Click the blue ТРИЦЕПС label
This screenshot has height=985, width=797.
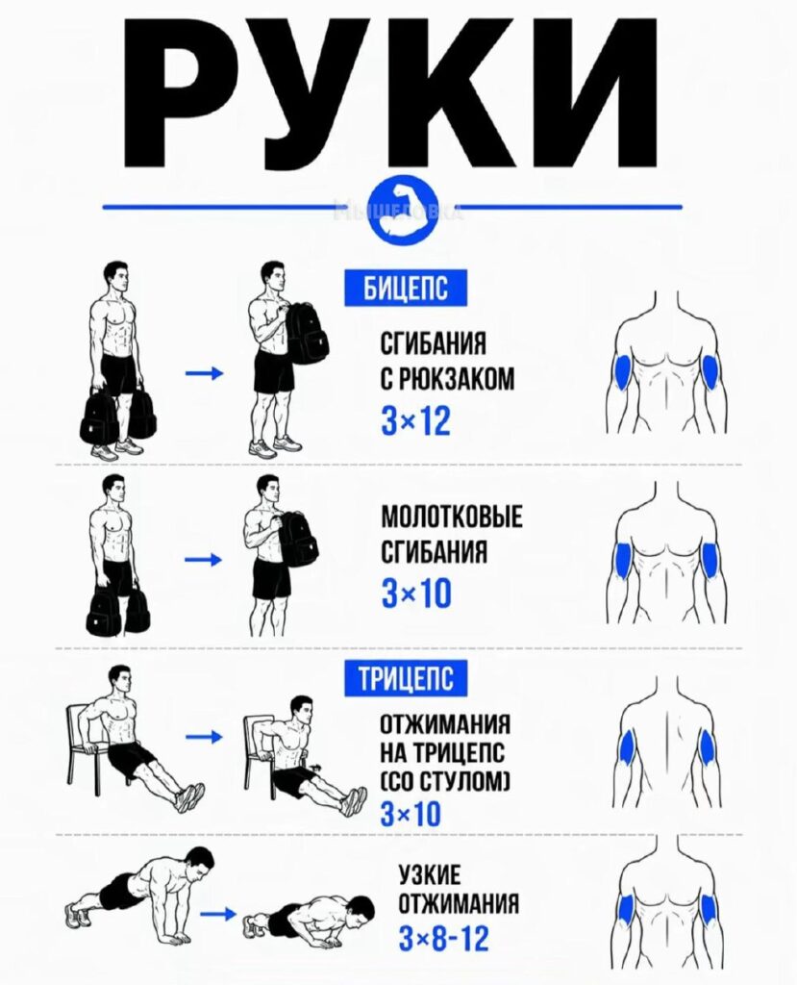point(406,678)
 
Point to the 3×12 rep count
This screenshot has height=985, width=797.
point(415,420)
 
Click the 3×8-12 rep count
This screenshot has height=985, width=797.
point(443,939)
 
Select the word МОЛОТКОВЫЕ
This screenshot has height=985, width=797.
point(452,517)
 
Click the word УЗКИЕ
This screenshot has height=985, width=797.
point(430,875)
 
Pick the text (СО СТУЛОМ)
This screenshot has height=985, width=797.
point(445,782)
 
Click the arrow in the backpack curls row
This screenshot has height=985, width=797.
point(204,374)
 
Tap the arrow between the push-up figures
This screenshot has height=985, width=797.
point(220,914)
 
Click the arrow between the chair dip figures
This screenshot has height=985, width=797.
point(204,736)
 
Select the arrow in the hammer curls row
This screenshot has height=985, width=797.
point(204,559)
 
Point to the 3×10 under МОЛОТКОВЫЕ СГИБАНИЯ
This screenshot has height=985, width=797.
point(415,594)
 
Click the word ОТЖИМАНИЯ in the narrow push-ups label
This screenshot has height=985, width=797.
point(460,904)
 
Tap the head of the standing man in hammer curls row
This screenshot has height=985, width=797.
point(113,490)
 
